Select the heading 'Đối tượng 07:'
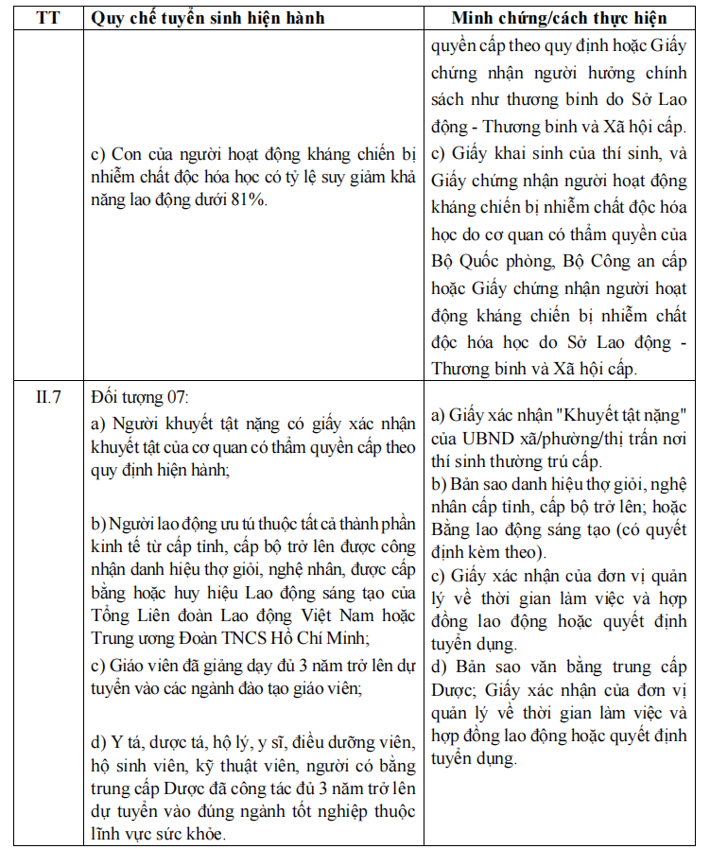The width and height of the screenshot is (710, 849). click(x=139, y=396)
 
